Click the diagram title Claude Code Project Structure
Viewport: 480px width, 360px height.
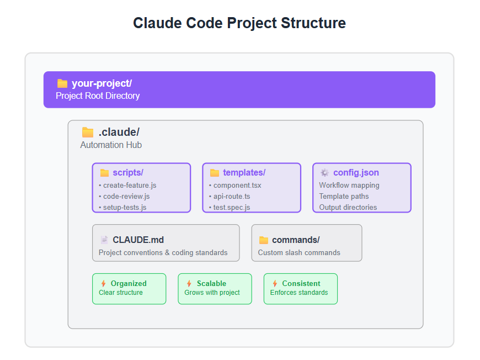(x=239, y=23)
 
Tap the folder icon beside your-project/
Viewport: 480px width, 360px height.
(x=62, y=83)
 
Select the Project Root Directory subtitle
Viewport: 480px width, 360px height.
(x=98, y=96)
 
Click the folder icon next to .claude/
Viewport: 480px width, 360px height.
(x=88, y=133)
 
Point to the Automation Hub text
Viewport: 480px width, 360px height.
(x=111, y=145)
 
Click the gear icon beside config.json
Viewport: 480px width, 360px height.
(x=325, y=173)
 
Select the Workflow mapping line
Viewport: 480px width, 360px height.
(x=349, y=186)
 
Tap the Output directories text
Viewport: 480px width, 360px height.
(x=348, y=208)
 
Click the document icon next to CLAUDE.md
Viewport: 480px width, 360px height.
(x=104, y=240)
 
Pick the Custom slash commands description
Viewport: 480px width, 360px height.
(x=299, y=252)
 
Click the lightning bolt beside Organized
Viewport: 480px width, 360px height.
(x=104, y=283)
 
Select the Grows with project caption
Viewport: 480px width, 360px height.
(x=212, y=293)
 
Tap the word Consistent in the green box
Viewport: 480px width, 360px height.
(x=301, y=283)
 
